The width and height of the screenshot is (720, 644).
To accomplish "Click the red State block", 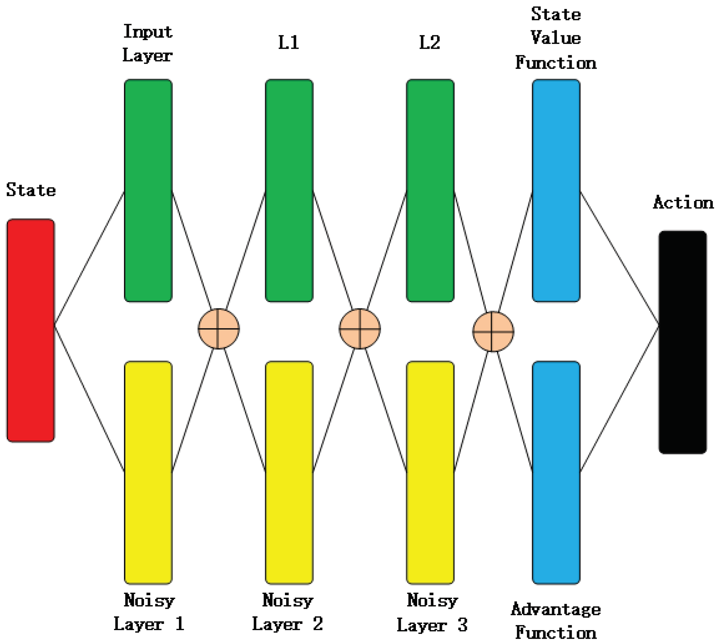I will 31,330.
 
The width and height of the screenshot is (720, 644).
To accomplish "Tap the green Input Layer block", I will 148,190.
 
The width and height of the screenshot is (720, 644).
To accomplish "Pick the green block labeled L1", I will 289,190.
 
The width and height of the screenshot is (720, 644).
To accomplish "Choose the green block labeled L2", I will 430,190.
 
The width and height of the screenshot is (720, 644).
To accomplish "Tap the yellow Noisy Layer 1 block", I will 148,472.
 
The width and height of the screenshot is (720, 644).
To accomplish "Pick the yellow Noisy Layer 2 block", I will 289,472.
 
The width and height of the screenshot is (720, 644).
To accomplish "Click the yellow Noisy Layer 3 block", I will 430,472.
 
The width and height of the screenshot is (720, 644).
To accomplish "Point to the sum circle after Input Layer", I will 218,329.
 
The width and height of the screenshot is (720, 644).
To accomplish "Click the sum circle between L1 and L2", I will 360,329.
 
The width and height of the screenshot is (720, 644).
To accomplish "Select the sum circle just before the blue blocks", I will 493,331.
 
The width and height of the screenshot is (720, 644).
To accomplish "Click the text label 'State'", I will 31,190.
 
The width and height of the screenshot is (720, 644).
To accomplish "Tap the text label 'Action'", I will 683,202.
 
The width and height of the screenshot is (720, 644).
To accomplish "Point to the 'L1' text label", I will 289,42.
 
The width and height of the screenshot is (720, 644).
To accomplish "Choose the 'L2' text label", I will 430,42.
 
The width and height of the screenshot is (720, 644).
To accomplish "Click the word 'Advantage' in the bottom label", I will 555,609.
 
